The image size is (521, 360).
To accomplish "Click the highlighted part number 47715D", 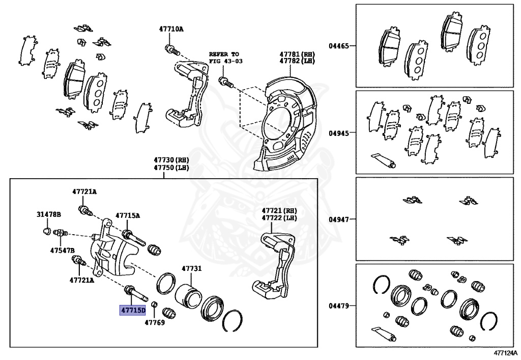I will (132, 310).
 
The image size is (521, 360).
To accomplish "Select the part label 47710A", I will (170, 30).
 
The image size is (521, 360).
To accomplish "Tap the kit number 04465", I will (338, 46).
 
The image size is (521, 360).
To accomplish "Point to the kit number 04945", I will (338, 133).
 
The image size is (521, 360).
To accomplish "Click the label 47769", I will (154, 322).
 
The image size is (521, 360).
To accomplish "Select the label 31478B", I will (48, 214).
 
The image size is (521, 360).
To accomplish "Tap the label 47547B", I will (62, 250).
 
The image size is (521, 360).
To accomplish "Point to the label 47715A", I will (127, 215).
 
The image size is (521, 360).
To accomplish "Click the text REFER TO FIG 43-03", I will (223, 58).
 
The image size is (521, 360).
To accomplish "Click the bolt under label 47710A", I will (171, 50).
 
